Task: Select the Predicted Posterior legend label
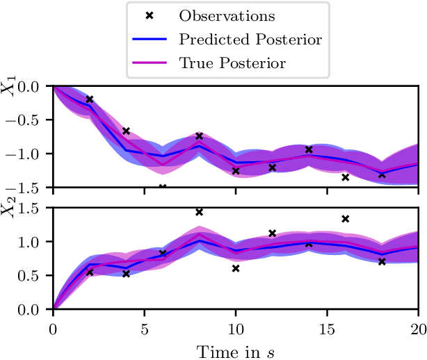250,40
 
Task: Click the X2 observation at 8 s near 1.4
199,212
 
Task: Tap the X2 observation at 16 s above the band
345,219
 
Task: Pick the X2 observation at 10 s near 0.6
236,268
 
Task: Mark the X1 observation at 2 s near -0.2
90,99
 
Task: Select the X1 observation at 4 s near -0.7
126,131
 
